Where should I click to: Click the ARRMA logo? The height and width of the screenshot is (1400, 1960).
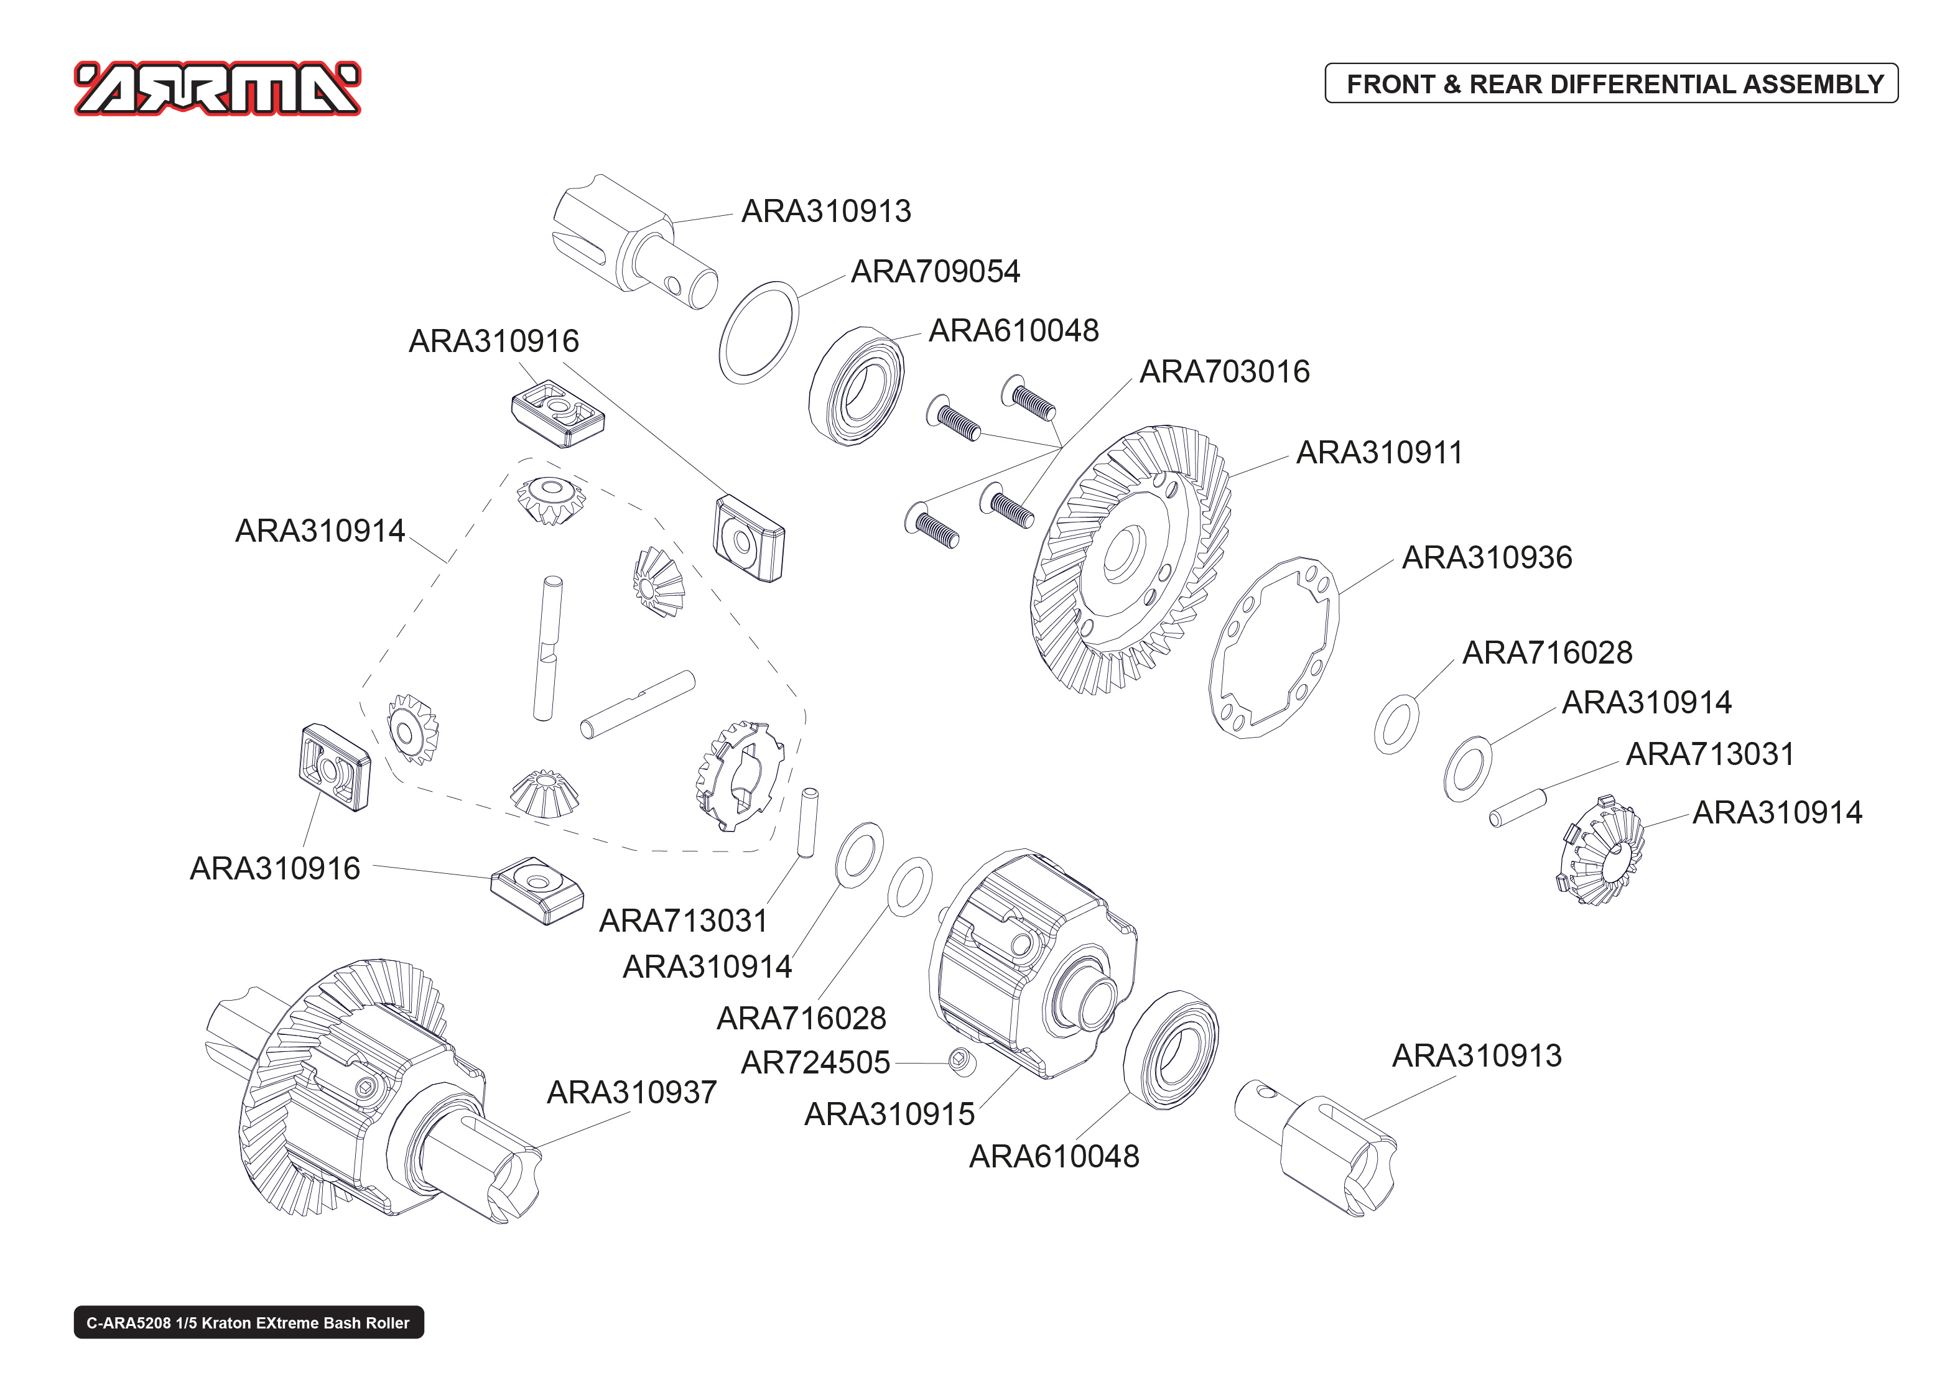point(217,89)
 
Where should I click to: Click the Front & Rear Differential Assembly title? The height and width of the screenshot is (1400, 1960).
point(1614,83)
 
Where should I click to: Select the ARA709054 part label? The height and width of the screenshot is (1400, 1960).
point(935,272)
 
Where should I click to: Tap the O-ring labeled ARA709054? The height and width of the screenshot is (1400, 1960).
point(758,332)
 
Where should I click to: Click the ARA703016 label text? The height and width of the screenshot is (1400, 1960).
point(1224,371)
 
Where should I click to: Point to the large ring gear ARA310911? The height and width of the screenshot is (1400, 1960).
point(1129,560)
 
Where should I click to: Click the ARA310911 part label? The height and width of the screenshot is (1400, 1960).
point(1379,453)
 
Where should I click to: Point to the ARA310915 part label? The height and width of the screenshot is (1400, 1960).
point(889,1114)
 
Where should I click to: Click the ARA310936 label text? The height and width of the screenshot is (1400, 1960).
point(1487,558)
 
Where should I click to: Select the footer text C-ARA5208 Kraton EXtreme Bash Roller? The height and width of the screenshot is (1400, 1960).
point(248,1322)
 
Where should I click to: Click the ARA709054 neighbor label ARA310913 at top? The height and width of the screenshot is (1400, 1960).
point(825,211)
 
